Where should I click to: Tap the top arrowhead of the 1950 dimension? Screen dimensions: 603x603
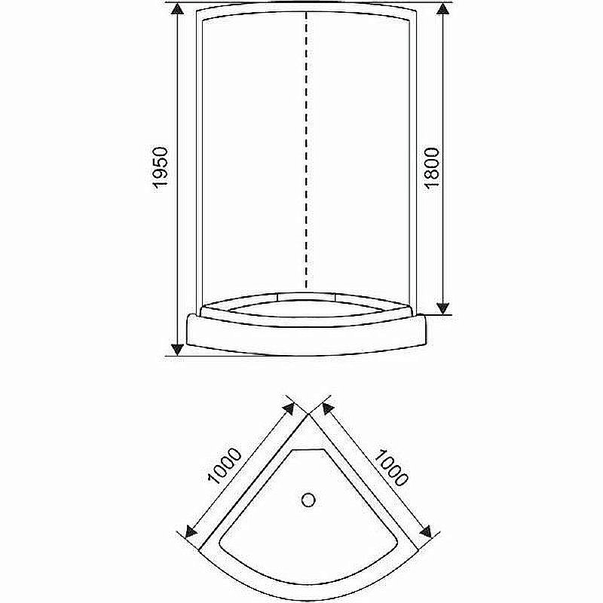coord(177,10)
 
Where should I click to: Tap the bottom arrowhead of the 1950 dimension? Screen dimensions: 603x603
coord(177,347)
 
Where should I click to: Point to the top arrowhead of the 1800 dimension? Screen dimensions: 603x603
coord(445,10)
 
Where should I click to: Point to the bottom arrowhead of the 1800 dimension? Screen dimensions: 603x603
coord(445,307)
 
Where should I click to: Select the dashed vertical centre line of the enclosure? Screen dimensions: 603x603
coord(306,151)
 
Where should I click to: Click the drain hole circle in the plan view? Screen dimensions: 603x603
coord(308,499)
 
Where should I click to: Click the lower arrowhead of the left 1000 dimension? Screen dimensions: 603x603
coord(190,532)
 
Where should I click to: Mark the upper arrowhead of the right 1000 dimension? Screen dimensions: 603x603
coord(327,408)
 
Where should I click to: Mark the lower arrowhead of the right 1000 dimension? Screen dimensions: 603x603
coord(427,531)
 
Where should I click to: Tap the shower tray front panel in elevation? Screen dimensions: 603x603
coord(306,335)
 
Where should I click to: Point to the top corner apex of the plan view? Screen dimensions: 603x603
coord(308,414)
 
